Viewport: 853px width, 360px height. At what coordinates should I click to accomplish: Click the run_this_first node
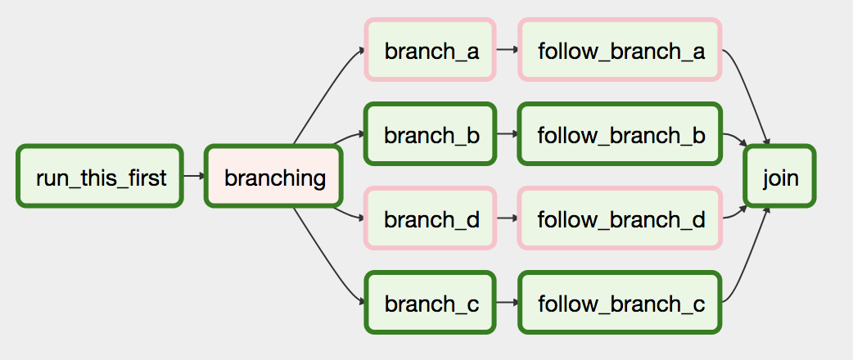[x=100, y=176]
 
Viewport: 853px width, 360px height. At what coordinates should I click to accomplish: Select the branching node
[x=273, y=176]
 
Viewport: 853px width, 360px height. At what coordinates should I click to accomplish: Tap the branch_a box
[x=431, y=50]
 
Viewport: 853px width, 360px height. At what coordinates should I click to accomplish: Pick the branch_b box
[x=431, y=134]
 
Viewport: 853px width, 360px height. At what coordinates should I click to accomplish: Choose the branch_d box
[x=431, y=218]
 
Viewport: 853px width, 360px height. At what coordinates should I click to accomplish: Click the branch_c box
[x=431, y=303]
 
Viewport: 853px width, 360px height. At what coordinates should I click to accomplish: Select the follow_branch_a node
[x=621, y=50]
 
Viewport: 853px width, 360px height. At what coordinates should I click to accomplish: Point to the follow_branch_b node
[x=621, y=134]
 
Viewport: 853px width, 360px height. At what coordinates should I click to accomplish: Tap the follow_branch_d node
[x=621, y=218]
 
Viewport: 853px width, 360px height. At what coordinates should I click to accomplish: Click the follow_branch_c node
[x=621, y=303]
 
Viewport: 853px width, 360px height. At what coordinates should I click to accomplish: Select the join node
[x=780, y=176]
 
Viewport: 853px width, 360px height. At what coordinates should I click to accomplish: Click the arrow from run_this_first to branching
[x=194, y=176]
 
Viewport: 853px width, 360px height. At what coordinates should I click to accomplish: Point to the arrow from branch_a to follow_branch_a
[x=508, y=50]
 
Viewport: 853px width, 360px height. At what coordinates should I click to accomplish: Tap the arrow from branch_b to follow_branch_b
[x=508, y=134]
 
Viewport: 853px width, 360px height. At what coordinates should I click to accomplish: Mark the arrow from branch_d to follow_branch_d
[x=508, y=218]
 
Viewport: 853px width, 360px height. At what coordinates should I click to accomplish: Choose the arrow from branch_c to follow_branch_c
[x=508, y=303]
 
